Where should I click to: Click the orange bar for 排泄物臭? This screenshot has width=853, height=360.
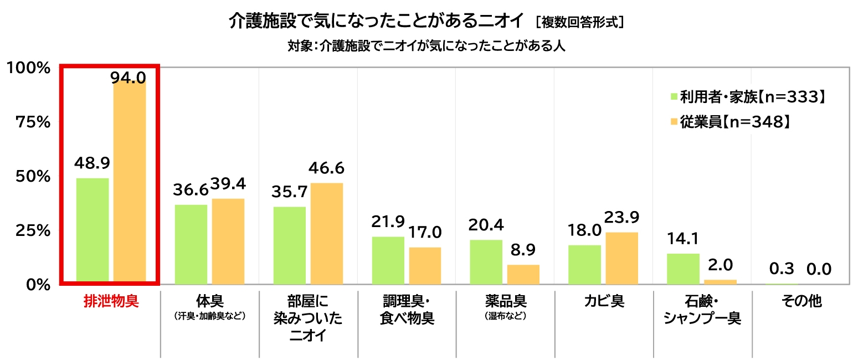[130, 183]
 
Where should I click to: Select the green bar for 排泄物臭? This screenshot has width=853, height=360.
[93, 231]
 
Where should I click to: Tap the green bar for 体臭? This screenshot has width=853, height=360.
[191, 244]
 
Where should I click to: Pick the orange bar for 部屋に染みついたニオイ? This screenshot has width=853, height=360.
[327, 234]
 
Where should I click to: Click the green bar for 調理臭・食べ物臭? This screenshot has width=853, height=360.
[388, 260]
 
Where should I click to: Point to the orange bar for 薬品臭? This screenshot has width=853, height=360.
[523, 275]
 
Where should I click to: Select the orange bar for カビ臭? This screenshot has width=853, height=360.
[622, 258]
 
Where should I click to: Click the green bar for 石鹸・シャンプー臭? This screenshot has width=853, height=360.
[683, 269]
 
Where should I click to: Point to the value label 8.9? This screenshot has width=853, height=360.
[523, 250]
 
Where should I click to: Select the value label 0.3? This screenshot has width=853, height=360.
[782, 269]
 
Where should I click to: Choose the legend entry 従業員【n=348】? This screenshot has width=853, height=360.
[729, 122]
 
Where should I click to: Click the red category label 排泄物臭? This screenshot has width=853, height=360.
[111, 301]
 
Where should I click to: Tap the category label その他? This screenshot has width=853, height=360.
[801, 301]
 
